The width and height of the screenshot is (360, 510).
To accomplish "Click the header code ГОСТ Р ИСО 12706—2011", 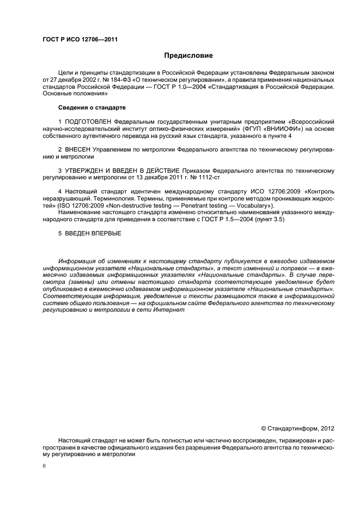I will tap(80, 40).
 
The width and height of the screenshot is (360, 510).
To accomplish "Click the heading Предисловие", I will tap(189, 56).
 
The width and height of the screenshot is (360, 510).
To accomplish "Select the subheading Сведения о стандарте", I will tap(91, 107).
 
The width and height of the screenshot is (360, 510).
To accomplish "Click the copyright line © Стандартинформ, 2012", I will tap(297, 428).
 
